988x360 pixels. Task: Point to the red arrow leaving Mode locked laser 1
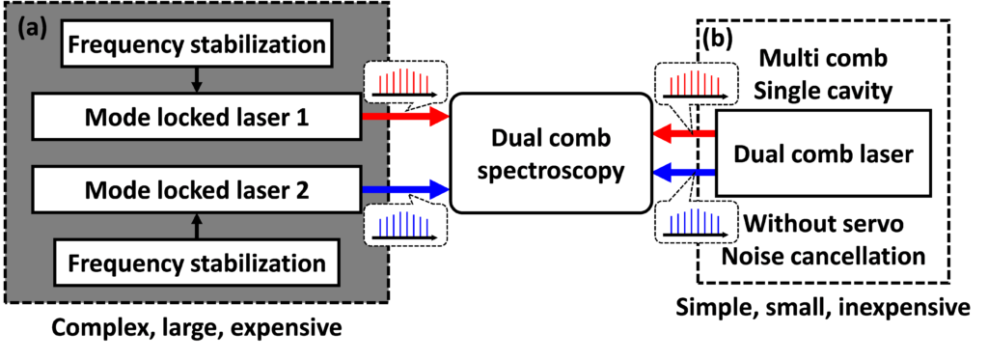coord(405,118)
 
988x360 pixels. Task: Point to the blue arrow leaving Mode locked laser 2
coord(405,190)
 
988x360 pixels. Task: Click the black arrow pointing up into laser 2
coord(197,226)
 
